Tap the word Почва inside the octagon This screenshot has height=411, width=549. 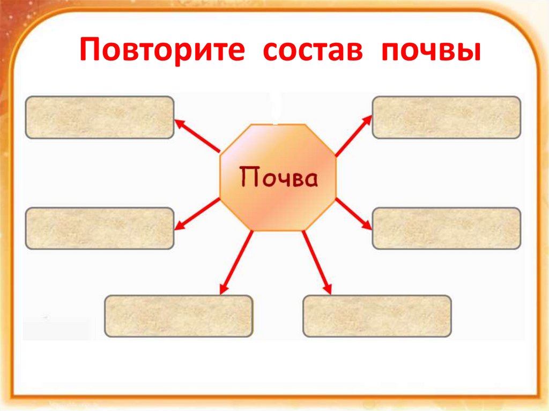pyautogui.click(x=278, y=177)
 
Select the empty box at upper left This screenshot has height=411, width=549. pyautogui.click(x=100, y=117)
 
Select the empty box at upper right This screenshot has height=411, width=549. pyautogui.click(x=446, y=117)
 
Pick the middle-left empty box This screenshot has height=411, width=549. pyautogui.click(x=100, y=228)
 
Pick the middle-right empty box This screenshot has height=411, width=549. pyautogui.click(x=446, y=228)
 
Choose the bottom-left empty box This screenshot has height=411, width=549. pyautogui.click(x=179, y=316)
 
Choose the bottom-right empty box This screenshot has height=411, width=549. pyautogui.click(x=377, y=316)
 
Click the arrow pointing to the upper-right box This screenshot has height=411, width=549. pyautogui.click(x=353, y=136)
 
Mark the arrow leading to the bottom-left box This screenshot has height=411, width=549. pyautogui.click(x=236, y=263)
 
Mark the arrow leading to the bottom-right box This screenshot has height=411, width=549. pyautogui.click(x=317, y=263)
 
